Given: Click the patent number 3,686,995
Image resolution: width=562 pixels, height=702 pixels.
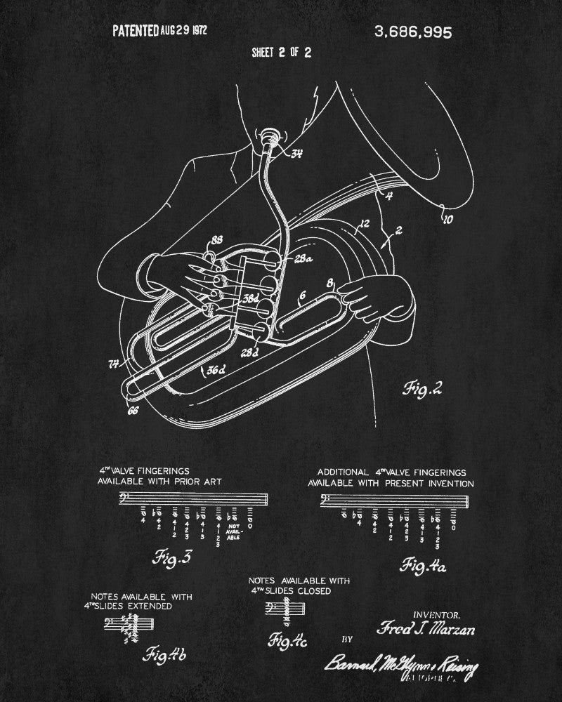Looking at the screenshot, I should pos(415,32).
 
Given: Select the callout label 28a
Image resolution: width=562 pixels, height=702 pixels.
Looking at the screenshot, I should pos(305,260).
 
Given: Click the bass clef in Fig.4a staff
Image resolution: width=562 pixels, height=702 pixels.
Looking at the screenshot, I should pos(325,500).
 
